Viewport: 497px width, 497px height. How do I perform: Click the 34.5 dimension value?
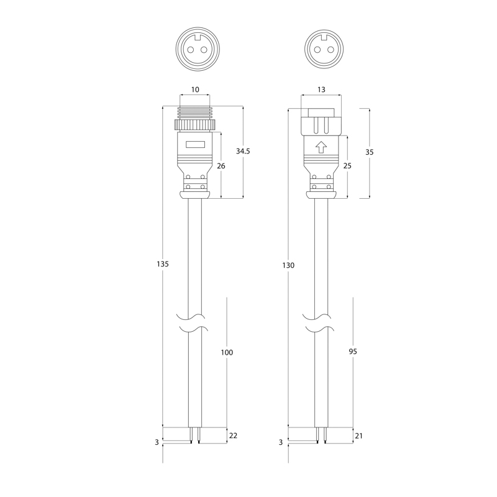pyautogui.click(x=243, y=151)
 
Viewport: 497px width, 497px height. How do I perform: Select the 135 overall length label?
pyautogui.click(x=163, y=263)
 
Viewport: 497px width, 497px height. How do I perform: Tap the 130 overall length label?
pyautogui.click(x=288, y=265)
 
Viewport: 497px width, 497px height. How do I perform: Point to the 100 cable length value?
pyautogui.click(x=227, y=352)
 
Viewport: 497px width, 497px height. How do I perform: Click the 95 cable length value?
pyautogui.click(x=353, y=351)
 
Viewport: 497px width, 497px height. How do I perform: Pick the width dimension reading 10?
pyautogui.click(x=195, y=89)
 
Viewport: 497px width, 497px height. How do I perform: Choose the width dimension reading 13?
pyautogui.click(x=321, y=89)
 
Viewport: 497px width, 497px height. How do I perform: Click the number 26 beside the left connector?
pyautogui.click(x=221, y=166)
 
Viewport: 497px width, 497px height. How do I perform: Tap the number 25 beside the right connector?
pyautogui.click(x=347, y=166)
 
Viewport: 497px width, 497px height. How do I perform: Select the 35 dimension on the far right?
pyautogui.click(x=370, y=152)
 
